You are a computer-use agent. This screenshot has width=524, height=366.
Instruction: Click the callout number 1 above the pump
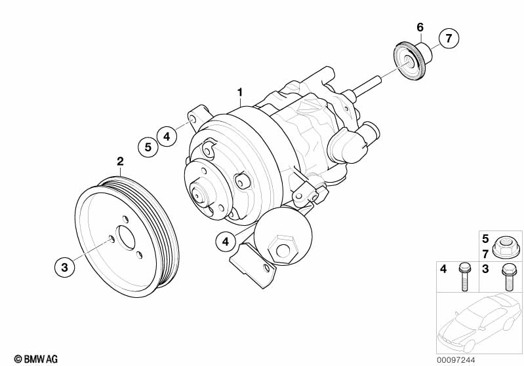coord(240,91)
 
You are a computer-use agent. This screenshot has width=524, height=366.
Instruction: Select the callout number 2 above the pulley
coord(120,160)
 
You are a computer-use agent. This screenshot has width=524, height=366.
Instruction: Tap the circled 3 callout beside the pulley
coord(64,266)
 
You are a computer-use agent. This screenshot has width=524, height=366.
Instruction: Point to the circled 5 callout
coord(148,147)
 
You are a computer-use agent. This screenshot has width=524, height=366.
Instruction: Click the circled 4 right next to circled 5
coord(167,136)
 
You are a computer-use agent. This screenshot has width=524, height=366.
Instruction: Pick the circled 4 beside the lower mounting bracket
coord(226,242)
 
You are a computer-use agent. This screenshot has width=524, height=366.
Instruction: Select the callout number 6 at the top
coord(420,27)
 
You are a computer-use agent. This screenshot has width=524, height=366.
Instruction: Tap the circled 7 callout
coord(449,39)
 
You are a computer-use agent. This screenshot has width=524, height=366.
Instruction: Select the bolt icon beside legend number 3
coord(508,276)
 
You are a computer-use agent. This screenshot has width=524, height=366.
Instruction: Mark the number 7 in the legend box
coord(486,252)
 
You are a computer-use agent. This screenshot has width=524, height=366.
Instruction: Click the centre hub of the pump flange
coord(199,192)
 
